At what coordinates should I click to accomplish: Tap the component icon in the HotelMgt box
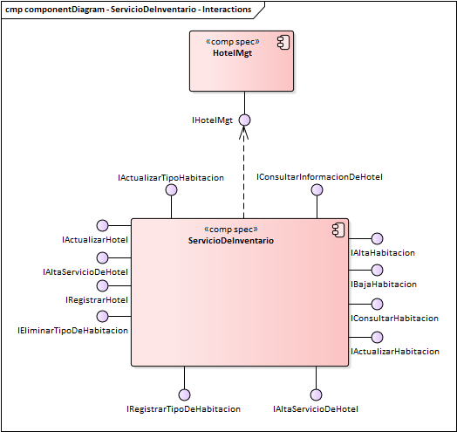point(283,42)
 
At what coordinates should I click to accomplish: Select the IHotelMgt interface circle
point(245,120)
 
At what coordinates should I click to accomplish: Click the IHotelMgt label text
point(212,120)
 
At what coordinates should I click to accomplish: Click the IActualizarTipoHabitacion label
point(171,177)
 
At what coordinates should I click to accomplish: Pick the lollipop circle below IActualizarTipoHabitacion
point(171,189)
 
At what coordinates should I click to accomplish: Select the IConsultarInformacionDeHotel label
point(319,176)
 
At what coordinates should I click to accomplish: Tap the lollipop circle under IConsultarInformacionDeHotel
point(319,189)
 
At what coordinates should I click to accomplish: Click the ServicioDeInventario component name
point(230,240)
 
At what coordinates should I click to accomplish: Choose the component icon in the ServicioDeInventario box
point(338,229)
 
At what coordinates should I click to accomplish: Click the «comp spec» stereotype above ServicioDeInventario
point(230,229)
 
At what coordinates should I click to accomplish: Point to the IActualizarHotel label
point(95,239)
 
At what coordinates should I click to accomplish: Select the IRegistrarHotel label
point(97,299)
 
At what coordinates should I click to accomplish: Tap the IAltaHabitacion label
point(382,252)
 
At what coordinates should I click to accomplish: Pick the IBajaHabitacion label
point(383,284)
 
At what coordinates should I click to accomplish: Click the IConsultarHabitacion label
point(394,319)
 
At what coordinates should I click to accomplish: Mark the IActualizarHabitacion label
point(394,351)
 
